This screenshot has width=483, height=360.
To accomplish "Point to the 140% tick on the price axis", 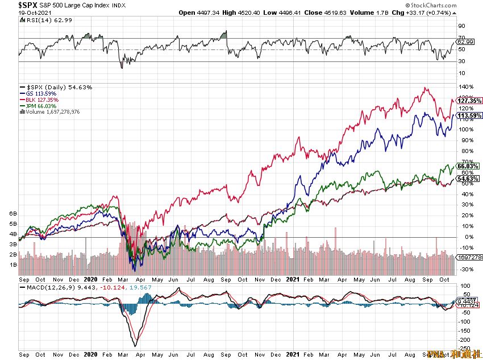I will [x=468, y=87].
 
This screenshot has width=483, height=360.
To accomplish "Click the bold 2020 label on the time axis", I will [x=91, y=280].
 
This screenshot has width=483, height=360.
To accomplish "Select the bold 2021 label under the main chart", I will [x=292, y=280].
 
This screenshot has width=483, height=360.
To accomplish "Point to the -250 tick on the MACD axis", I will [x=463, y=349].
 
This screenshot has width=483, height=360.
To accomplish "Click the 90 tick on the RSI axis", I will [x=462, y=26].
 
